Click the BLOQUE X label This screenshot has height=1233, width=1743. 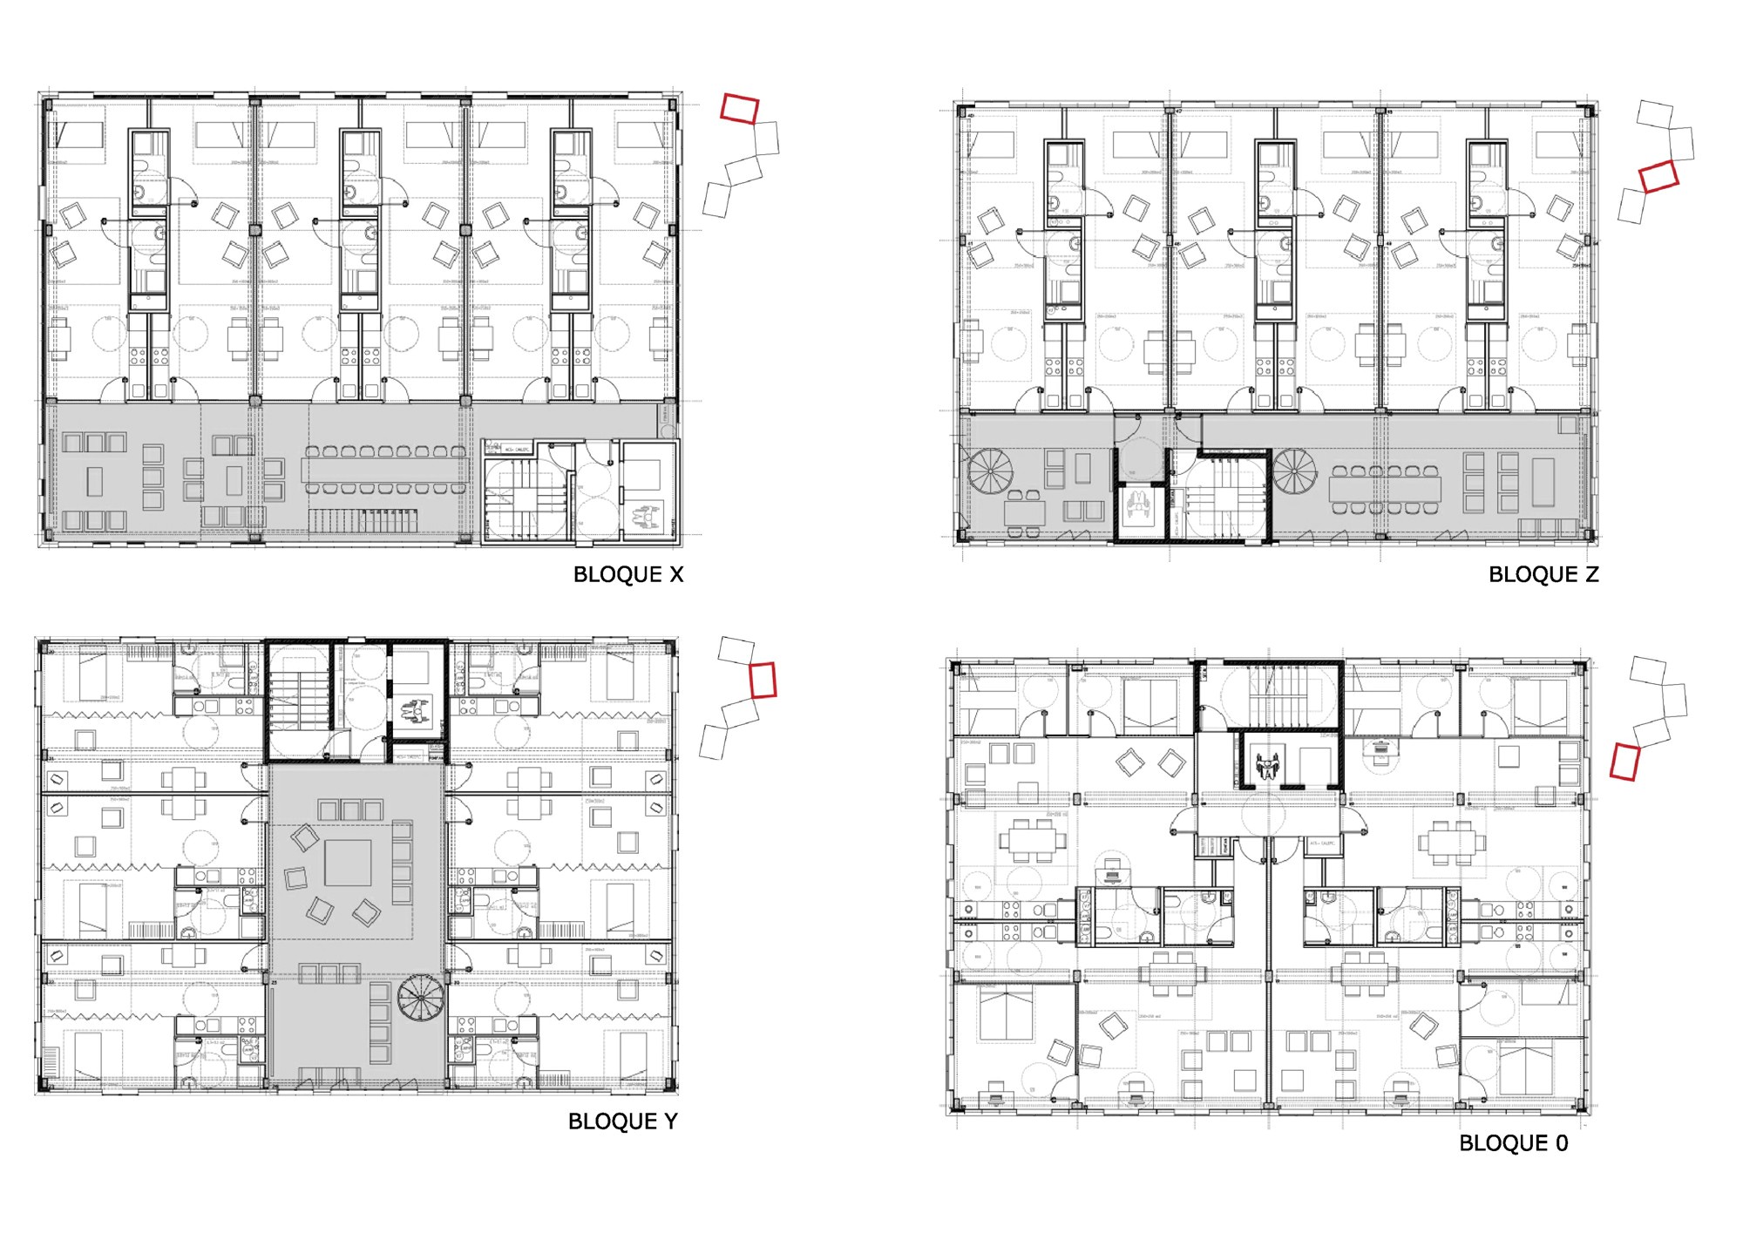[627, 574]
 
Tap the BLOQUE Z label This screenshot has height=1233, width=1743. [1543, 574]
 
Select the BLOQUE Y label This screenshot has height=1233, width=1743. [622, 1121]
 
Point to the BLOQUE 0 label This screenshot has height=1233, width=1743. [1514, 1143]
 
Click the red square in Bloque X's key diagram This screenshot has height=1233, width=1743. [740, 108]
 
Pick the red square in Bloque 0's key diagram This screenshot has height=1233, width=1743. [1624, 760]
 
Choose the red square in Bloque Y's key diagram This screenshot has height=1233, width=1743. [763, 680]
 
